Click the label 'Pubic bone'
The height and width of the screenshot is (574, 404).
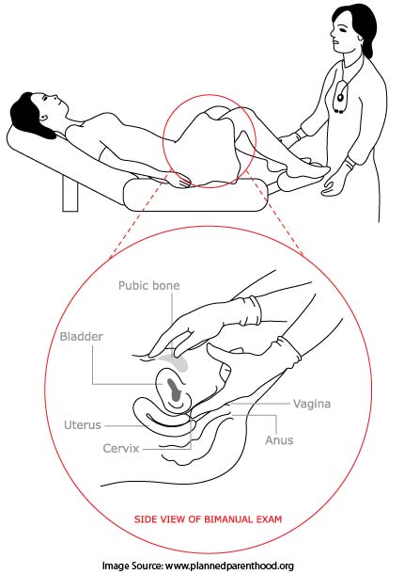(148, 285)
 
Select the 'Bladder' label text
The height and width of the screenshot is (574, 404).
(81, 337)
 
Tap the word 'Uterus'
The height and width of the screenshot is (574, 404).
(83, 425)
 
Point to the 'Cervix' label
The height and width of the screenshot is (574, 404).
(120, 449)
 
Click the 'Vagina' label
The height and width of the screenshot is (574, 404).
(312, 404)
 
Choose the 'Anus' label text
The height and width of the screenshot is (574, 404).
(279, 440)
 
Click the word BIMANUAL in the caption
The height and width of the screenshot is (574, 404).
(225, 519)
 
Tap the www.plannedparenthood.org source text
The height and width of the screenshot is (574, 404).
(229, 566)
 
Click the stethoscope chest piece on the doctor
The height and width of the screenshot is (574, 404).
(341, 97)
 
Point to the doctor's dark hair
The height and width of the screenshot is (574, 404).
(360, 22)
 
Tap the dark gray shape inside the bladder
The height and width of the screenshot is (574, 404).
(173, 390)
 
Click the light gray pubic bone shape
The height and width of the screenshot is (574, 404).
(177, 362)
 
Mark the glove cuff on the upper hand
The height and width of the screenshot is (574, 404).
(252, 311)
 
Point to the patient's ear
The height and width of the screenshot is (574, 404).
(43, 118)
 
